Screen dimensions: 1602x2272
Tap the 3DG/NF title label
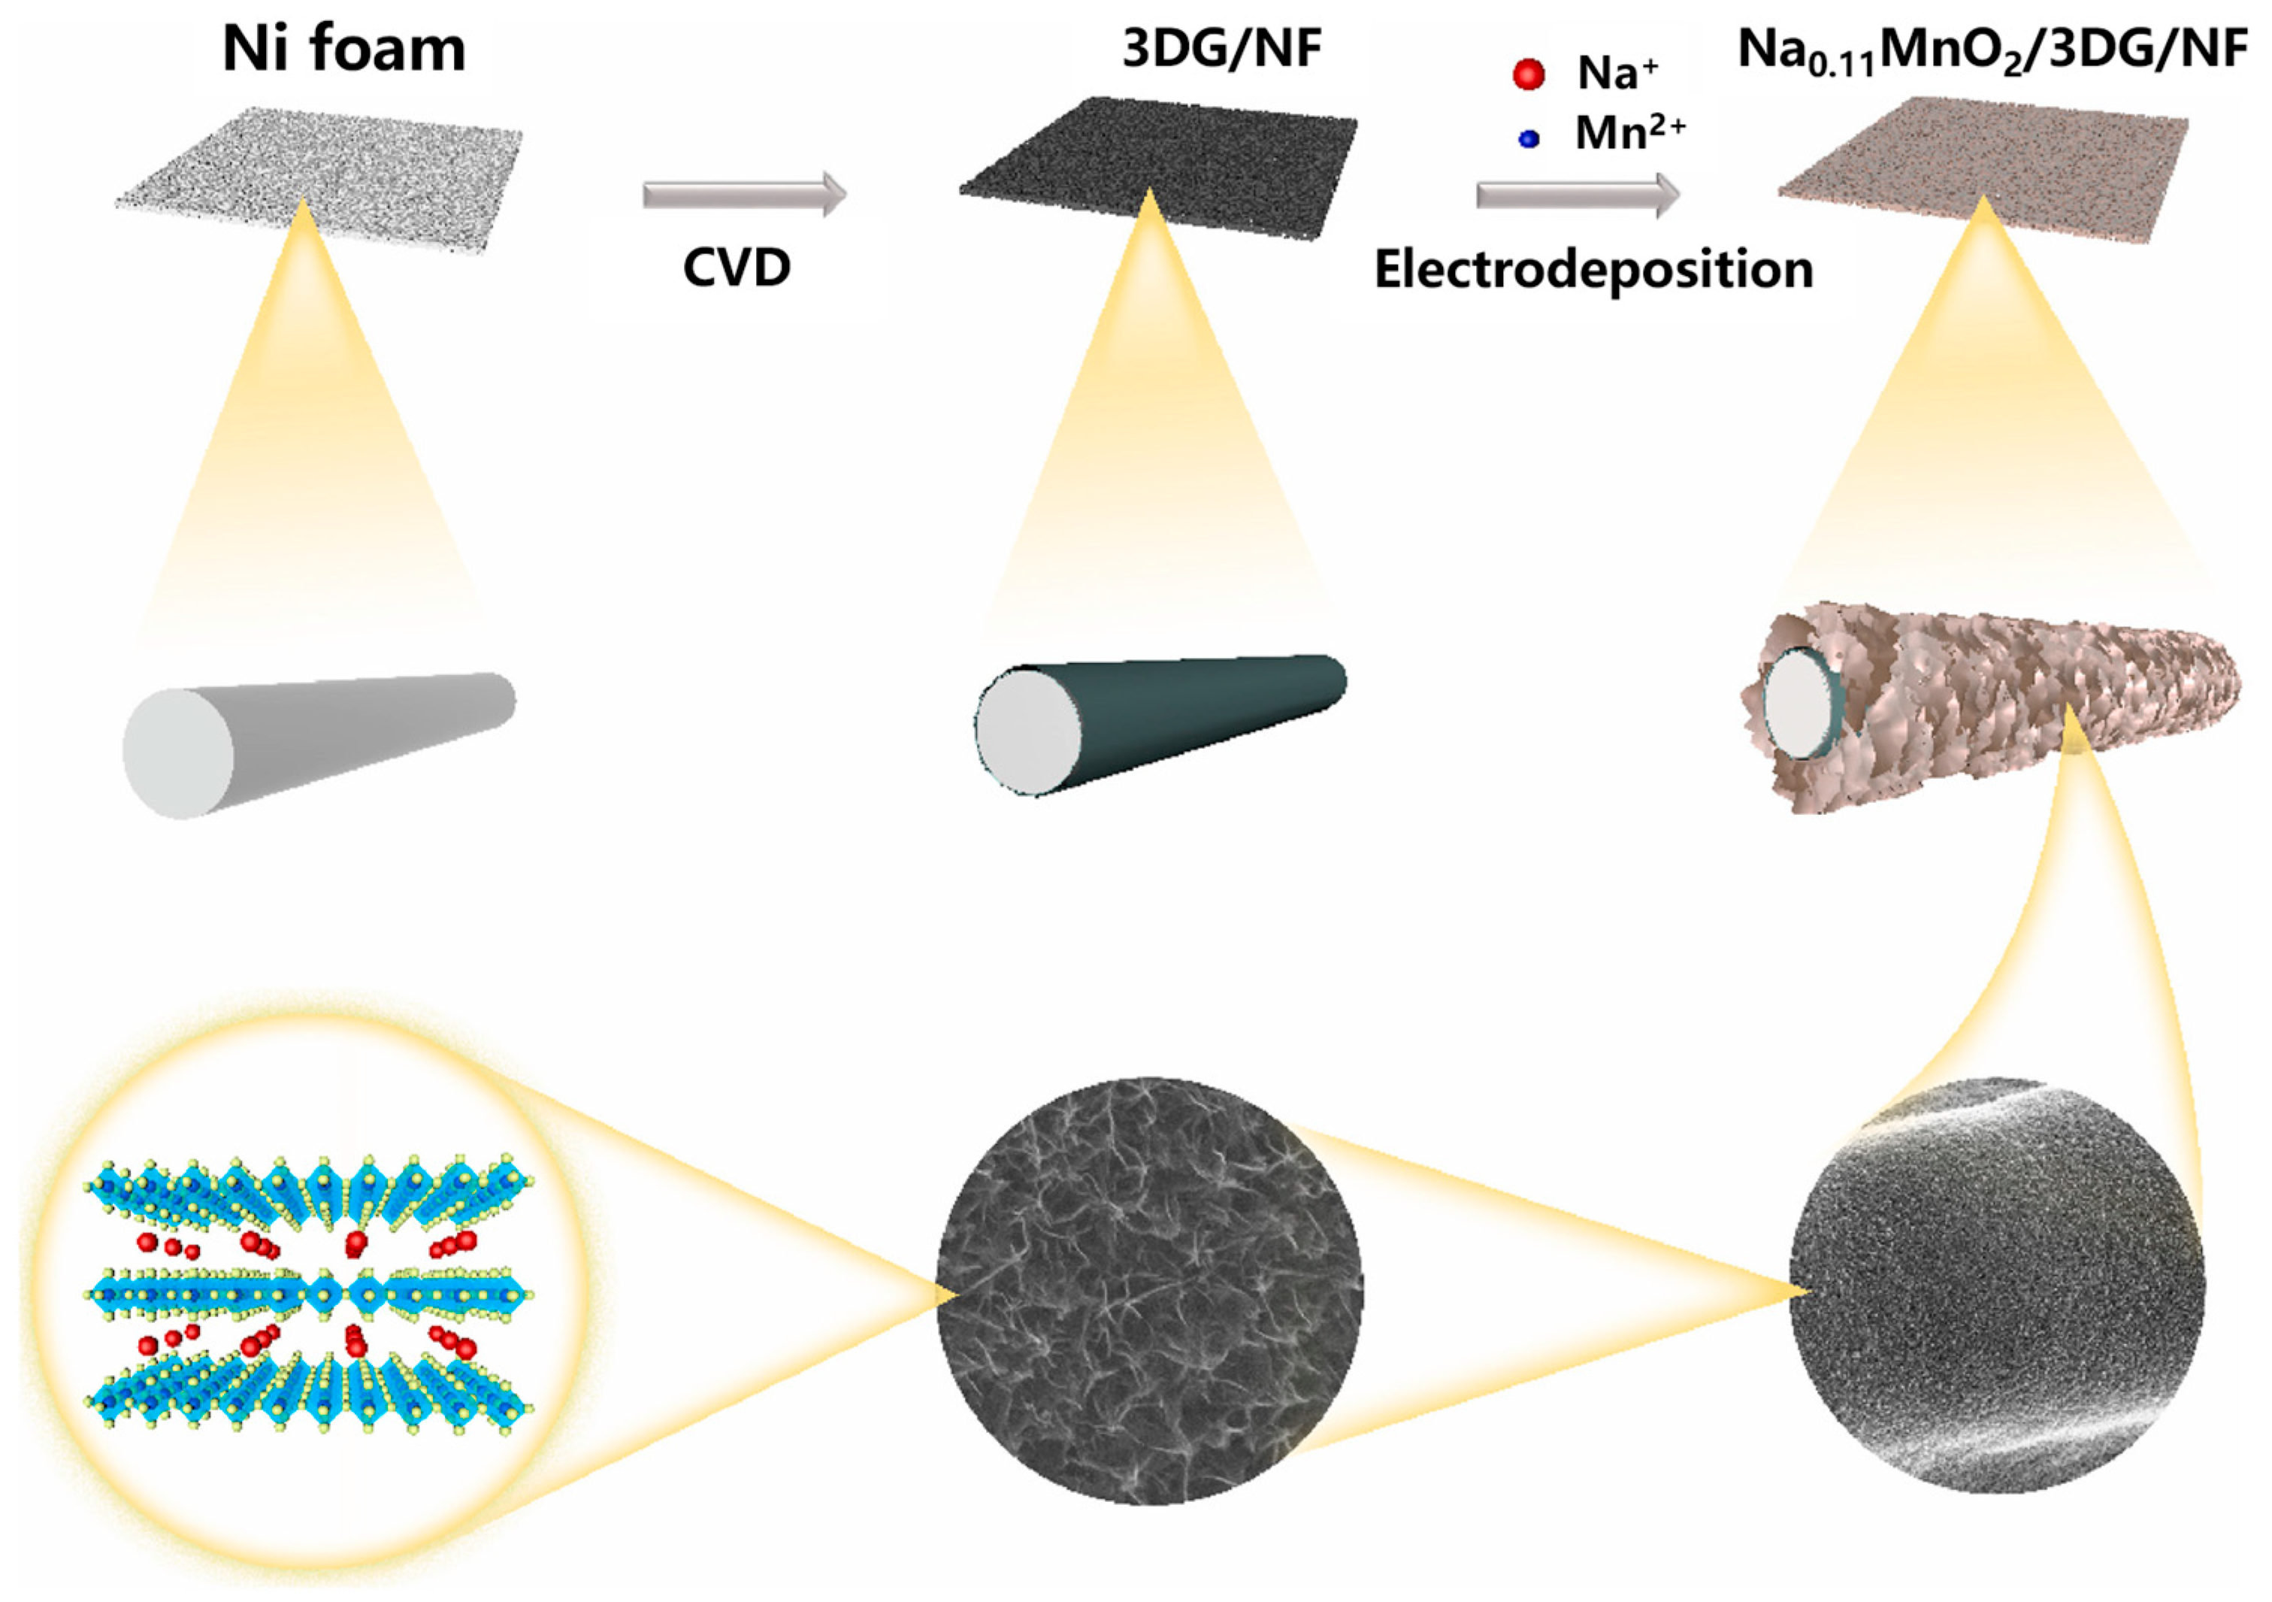(x=1222, y=48)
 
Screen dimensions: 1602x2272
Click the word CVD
(x=737, y=267)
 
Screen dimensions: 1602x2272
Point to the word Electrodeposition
(x=1593, y=269)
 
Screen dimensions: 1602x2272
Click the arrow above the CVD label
(x=744, y=194)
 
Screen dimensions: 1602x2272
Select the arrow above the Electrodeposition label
(x=1578, y=194)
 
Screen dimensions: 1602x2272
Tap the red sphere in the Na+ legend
(x=1529, y=74)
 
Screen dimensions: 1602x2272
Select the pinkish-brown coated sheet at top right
(x=1984, y=168)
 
